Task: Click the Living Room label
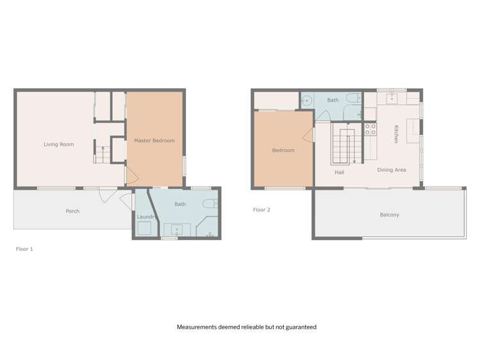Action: click(x=58, y=145)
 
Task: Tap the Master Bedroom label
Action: click(x=154, y=141)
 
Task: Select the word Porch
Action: click(x=72, y=211)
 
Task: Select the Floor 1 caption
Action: click(x=24, y=249)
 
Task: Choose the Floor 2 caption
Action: click(x=261, y=209)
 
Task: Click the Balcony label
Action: click(x=389, y=215)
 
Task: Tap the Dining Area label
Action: click(x=391, y=170)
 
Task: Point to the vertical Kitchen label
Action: click(x=397, y=134)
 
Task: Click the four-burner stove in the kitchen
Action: click(x=370, y=131)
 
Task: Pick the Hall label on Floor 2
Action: click(x=340, y=172)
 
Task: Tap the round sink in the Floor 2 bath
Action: click(x=307, y=101)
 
